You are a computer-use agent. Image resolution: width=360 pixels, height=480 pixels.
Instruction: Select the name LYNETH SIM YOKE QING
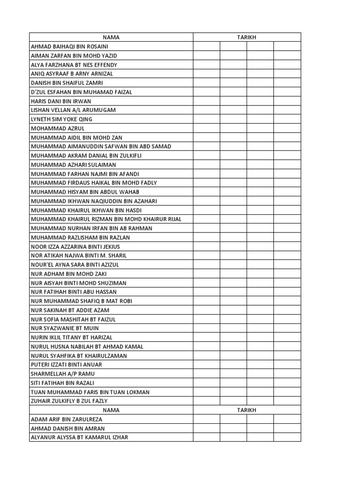click(61, 119)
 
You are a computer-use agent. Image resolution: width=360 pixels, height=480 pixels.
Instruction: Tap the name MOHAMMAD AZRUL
click(58, 128)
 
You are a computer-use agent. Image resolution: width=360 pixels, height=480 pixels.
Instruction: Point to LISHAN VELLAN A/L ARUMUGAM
click(73, 110)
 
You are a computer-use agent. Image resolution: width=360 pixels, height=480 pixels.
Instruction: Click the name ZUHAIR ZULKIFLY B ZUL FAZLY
click(69, 401)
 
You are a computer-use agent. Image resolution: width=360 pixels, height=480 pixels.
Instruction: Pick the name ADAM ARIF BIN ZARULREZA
click(66, 419)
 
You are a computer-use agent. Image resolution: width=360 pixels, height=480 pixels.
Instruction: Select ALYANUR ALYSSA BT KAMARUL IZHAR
click(79, 437)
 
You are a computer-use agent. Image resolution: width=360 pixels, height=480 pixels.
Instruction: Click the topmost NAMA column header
click(111, 37)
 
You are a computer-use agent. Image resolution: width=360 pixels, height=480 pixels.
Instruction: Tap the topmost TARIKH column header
click(247, 37)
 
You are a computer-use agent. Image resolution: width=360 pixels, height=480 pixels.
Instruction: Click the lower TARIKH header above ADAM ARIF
click(247, 410)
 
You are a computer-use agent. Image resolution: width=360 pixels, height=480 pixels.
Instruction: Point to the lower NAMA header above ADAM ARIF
click(111, 410)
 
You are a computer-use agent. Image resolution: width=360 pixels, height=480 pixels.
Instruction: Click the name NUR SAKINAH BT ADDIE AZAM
click(70, 310)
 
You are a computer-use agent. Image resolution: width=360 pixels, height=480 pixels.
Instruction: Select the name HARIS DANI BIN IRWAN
click(61, 101)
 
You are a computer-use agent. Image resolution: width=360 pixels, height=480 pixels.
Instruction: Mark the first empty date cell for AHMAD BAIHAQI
click(206, 46)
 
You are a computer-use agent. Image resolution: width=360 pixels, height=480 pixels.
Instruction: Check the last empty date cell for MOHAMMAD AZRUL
click(287, 128)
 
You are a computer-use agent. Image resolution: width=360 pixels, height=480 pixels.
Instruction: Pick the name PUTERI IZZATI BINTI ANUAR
click(66, 365)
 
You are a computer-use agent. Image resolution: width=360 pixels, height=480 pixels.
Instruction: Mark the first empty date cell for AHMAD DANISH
click(206, 428)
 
